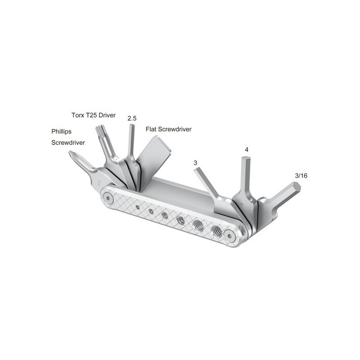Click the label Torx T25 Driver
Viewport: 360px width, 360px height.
tap(94, 115)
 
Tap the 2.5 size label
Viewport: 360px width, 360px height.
tap(132, 118)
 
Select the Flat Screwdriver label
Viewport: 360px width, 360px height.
tap(169, 129)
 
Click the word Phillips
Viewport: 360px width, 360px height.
tap(61, 132)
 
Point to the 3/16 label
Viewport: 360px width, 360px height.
tap(301, 176)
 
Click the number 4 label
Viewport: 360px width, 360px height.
tap(246, 150)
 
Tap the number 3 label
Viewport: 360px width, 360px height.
tap(195, 163)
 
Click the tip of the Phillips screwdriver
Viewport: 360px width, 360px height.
tap(69, 152)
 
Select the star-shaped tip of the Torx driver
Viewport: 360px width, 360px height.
tap(99, 130)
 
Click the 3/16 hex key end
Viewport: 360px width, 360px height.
tap(296, 187)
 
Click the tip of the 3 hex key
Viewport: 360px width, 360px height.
tap(195, 169)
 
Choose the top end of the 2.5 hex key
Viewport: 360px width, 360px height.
tap(132, 125)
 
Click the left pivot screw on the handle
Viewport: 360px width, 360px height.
tap(107, 198)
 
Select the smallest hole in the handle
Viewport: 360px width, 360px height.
tap(138, 207)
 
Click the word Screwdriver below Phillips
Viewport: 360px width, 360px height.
tap(68, 143)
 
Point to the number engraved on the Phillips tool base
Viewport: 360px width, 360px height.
tap(99, 183)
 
